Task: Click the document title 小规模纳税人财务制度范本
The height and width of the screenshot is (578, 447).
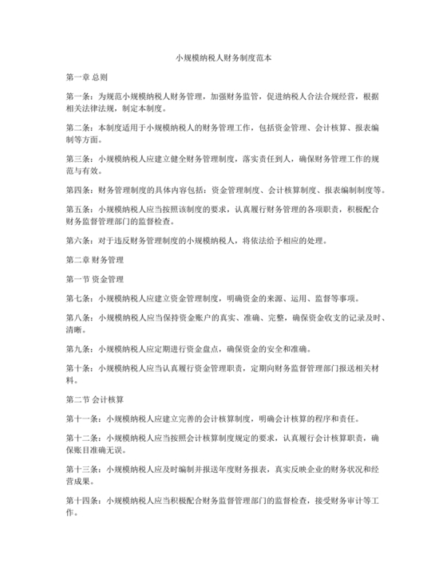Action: pos(223,58)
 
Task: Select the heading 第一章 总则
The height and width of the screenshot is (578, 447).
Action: pos(86,78)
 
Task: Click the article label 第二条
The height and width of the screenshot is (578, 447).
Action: pos(78,128)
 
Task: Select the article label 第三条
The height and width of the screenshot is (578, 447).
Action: pos(78,159)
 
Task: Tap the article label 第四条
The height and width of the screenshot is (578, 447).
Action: pos(78,191)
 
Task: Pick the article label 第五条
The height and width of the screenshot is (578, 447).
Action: pos(78,210)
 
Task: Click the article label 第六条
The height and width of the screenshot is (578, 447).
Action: pos(78,241)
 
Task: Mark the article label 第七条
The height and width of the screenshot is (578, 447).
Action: pos(78,299)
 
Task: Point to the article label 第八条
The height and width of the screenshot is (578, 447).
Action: pos(78,318)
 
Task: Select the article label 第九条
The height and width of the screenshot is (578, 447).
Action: pos(78,349)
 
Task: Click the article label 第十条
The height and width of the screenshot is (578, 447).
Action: pos(78,368)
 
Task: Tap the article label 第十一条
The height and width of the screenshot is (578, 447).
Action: pos(81,417)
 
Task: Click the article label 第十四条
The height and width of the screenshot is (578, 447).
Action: pos(81,500)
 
